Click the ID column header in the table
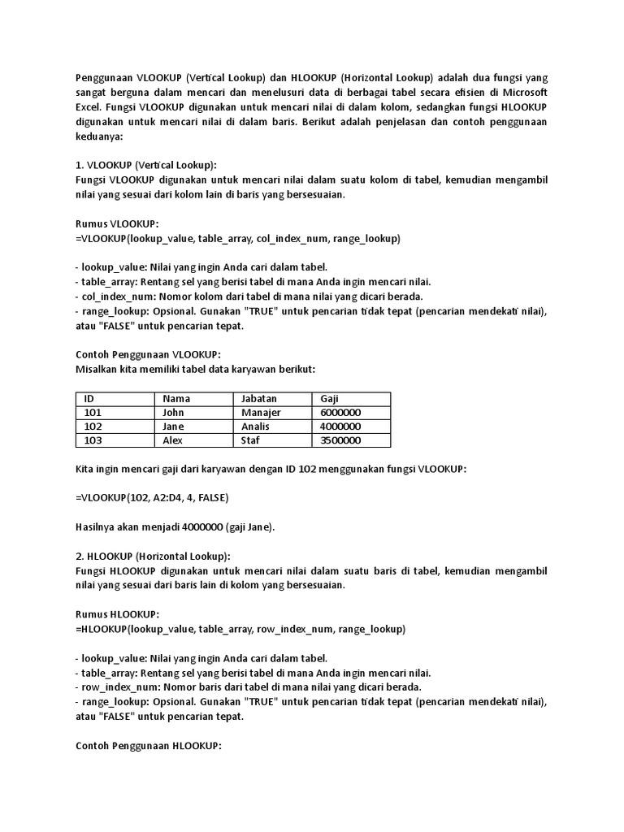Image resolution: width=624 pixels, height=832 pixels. (x=89, y=399)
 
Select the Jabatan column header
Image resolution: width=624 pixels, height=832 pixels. (x=259, y=399)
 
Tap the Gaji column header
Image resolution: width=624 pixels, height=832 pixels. (x=330, y=399)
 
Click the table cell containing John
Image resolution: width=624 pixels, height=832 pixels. (x=174, y=413)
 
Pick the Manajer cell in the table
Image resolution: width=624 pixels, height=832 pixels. (x=261, y=413)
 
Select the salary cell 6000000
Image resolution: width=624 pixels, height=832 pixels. (x=340, y=413)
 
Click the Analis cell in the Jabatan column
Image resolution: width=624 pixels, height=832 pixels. (x=257, y=427)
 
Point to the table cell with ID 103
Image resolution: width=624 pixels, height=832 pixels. (x=93, y=440)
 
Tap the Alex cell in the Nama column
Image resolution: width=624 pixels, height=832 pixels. (x=173, y=440)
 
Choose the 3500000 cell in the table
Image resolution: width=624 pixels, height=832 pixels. (x=340, y=440)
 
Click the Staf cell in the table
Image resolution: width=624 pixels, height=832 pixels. (x=251, y=440)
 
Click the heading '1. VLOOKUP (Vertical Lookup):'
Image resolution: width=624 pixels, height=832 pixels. (x=145, y=165)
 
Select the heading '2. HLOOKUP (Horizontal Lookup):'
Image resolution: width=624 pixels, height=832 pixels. (x=153, y=557)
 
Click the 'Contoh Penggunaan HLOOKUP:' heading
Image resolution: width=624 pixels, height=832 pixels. (x=148, y=746)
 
